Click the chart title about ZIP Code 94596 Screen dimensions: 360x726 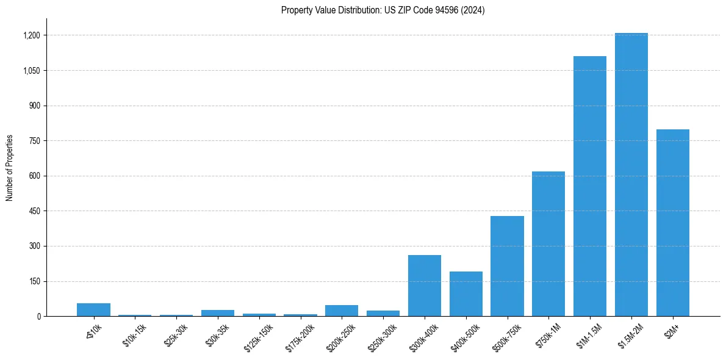click(x=383, y=10)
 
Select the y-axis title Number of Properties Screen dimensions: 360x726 click(x=10, y=168)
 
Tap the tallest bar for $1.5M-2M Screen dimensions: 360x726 click(x=631, y=175)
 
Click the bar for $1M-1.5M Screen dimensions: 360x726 click(x=590, y=186)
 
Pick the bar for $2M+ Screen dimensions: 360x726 click(x=672, y=223)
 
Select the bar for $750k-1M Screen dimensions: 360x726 click(x=548, y=244)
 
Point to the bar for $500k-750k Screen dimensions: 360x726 click(x=507, y=266)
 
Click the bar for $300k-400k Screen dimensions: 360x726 click(x=425, y=286)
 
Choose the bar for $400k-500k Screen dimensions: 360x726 click(x=466, y=294)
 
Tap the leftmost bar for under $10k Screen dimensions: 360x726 click(x=93, y=310)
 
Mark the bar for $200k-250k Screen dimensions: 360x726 click(x=342, y=311)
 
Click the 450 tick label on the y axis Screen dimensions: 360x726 click(x=34, y=211)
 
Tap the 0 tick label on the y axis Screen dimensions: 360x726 click(x=38, y=317)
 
